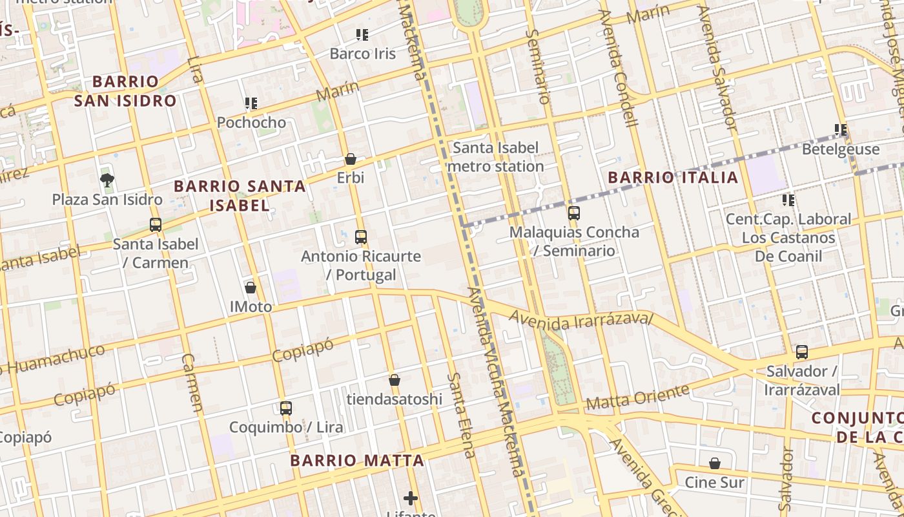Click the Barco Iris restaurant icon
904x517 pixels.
362,34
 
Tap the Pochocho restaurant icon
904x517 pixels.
251,103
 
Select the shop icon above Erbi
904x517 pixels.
351,159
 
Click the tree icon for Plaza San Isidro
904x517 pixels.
107,180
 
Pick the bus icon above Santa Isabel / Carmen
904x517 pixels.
156,225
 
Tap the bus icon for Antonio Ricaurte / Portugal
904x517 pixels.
361,237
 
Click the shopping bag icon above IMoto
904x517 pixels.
251,288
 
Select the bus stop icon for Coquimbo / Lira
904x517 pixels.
286,408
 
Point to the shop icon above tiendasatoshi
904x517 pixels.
395,380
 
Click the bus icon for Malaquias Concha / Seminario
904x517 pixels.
574,213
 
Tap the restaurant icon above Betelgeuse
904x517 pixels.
841,131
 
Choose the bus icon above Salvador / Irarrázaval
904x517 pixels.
802,352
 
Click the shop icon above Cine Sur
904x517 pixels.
715,463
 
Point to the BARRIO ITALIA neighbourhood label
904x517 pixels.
673,178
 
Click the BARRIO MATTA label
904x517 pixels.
357,461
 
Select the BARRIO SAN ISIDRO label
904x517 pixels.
125,91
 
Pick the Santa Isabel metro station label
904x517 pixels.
495,157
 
